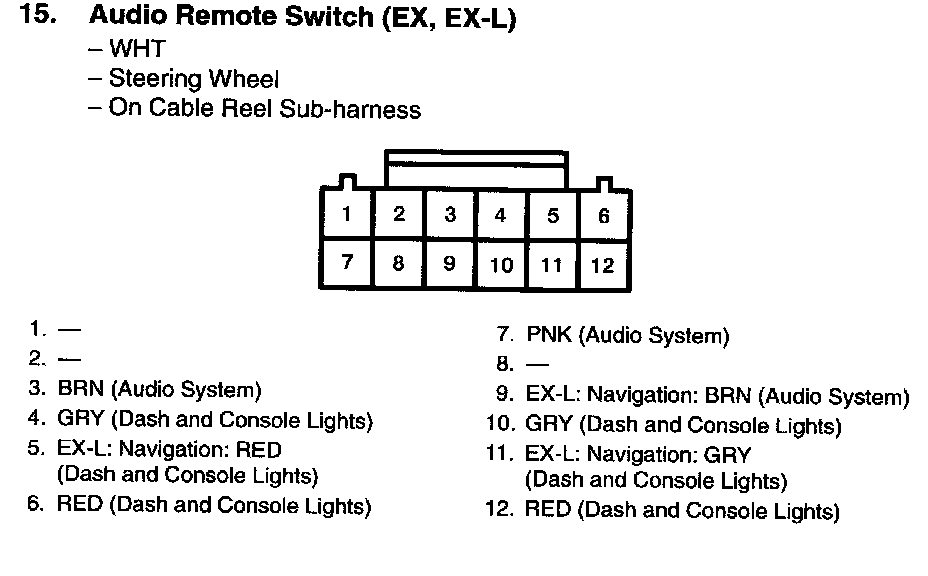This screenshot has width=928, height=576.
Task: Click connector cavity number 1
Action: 346,213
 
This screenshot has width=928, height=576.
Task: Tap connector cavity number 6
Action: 603,215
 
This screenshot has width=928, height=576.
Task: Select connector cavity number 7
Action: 346,263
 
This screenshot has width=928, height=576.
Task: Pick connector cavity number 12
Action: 602,266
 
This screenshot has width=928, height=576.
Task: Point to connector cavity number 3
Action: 450,214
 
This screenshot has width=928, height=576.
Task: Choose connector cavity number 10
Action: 501,265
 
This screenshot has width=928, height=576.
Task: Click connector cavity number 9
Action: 449,264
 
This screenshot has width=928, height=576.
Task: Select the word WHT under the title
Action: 137,48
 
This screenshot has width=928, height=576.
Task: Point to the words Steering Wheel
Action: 194,78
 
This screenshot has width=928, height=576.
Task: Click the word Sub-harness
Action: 362,109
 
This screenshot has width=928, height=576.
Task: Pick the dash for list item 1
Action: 70,329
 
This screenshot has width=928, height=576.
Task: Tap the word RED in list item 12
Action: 548,511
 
